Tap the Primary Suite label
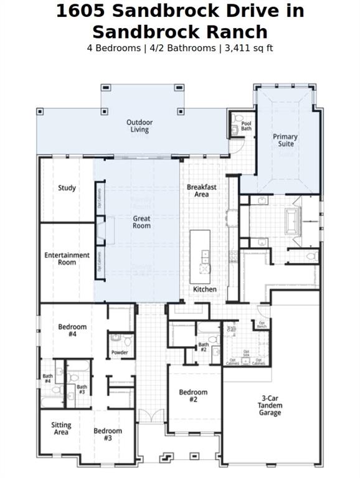pyautogui.click(x=285, y=140)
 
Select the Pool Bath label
pyautogui.click(x=246, y=125)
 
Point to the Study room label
pyautogui.click(x=67, y=188)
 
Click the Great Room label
pyautogui.click(x=141, y=222)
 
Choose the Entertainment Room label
pyautogui.click(x=67, y=258)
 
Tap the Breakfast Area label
pyautogui.click(x=201, y=190)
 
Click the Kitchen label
pyautogui.click(x=204, y=289)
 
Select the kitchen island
pyautogui.click(x=200, y=252)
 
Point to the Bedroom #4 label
pyautogui.click(x=72, y=330)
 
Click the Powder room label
pyautogui.click(x=120, y=352)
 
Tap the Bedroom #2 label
pyautogui.click(x=193, y=396)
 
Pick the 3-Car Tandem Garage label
pyautogui.click(x=270, y=405)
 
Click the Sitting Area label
pyautogui.click(x=61, y=428)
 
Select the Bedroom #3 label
pyautogui.click(x=108, y=434)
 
